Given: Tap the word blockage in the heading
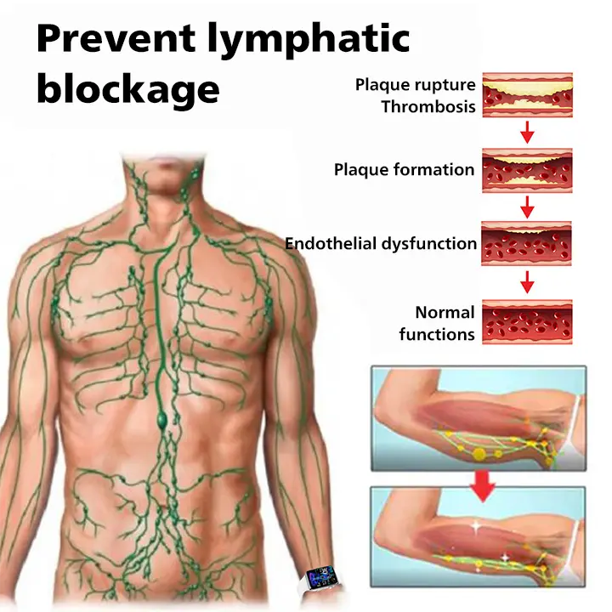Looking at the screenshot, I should point(127,88).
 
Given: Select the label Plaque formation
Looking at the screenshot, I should point(404,169).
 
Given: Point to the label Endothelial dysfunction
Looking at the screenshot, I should point(381,243).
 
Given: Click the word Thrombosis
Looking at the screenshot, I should point(428,107).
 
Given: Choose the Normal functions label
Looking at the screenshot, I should point(437,323).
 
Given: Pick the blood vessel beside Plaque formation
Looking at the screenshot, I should point(527,168).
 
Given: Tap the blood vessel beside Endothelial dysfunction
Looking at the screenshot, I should point(527,243).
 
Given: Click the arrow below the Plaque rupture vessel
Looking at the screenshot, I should point(527,132).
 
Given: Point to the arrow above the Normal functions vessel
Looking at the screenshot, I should point(527,281).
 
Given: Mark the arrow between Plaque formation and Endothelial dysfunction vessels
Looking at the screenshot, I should point(527,206).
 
